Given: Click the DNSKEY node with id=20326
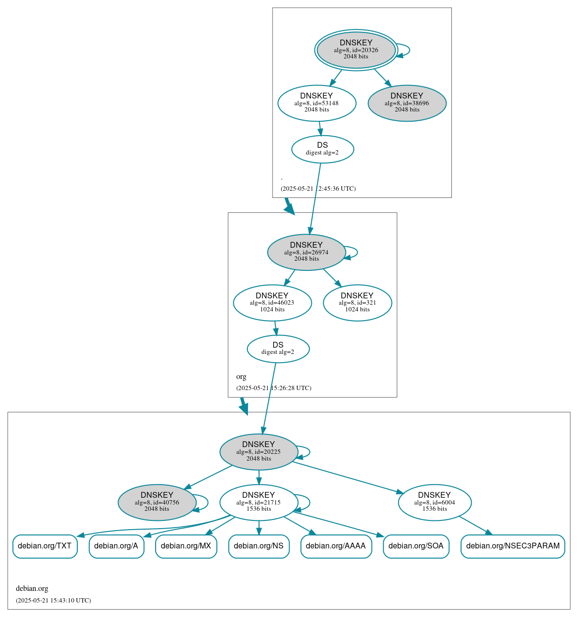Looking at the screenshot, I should (x=356, y=50).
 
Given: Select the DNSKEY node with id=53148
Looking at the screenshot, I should (x=317, y=103).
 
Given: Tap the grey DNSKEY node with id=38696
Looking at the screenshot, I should (x=407, y=103).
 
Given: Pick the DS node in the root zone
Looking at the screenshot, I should (x=322, y=149).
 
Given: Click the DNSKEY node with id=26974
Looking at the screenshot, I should (x=306, y=252).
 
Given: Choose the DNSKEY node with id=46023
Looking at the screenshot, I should (x=272, y=303).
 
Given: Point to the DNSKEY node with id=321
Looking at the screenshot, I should (x=357, y=303).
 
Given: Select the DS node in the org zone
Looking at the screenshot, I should (x=278, y=349).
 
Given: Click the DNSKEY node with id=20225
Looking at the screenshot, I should (x=259, y=452).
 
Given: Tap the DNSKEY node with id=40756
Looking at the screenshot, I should (x=157, y=502).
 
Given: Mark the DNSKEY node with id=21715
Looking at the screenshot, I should (x=259, y=502).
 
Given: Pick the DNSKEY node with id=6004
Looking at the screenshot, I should (x=434, y=502).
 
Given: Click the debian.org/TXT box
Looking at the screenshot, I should (x=44, y=546).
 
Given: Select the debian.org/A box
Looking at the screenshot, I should (x=116, y=546).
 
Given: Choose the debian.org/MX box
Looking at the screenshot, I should (x=186, y=546).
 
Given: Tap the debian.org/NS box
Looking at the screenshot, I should (x=259, y=546).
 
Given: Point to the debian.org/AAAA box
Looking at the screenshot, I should (x=336, y=546).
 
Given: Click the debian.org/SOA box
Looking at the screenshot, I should (x=416, y=546).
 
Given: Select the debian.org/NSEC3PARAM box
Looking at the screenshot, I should (x=513, y=546).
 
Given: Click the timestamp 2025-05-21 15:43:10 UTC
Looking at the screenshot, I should (x=53, y=601).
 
